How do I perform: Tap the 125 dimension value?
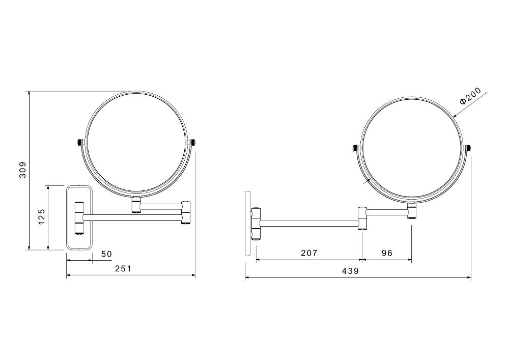(x=42, y=216)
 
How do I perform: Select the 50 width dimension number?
(x=106, y=254)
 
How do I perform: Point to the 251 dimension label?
(x=123, y=268)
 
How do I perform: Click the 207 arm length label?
(x=309, y=253)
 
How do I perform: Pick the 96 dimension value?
(x=387, y=253)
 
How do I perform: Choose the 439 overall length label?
(x=351, y=271)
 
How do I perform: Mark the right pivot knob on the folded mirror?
(x=193, y=143)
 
